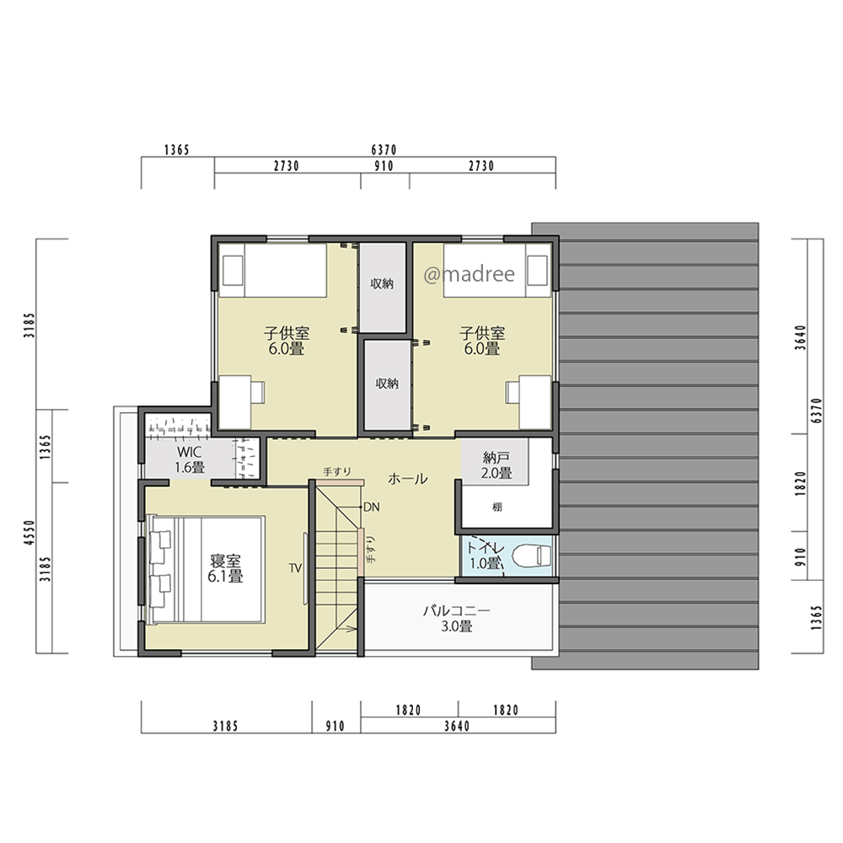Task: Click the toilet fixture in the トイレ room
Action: [x=531, y=556]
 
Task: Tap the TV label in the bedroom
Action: [x=295, y=568]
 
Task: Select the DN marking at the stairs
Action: [x=372, y=507]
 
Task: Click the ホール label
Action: [x=407, y=479]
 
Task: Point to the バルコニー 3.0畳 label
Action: [x=456, y=618]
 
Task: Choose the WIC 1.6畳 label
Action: [x=190, y=459]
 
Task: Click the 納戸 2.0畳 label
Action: [x=497, y=465]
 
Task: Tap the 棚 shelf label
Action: [x=497, y=507]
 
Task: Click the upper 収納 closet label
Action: [x=382, y=283]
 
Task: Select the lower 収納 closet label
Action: [x=387, y=384]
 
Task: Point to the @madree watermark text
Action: [x=470, y=274]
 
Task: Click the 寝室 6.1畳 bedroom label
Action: [x=226, y=569]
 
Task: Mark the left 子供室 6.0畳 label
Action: [x=287, y=341]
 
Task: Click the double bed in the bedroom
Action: [x=206, y=570]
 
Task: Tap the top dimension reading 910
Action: [x=384, y=166]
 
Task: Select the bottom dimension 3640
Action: [x=457, y=727]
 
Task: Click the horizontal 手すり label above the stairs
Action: [x=337, y=471]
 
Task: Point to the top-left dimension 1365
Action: [x=177, y=150]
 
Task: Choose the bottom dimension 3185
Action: [x=225, y=727]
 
